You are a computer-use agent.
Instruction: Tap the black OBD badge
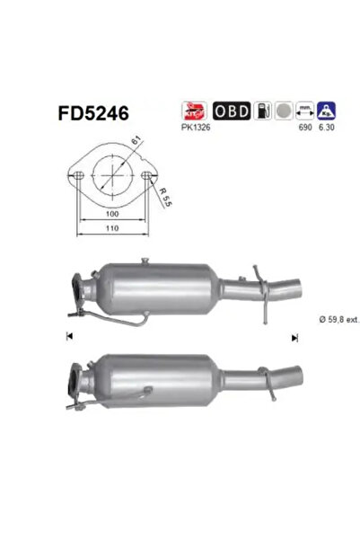[231, 111]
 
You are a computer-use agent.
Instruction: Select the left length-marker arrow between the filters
[68, 336]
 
